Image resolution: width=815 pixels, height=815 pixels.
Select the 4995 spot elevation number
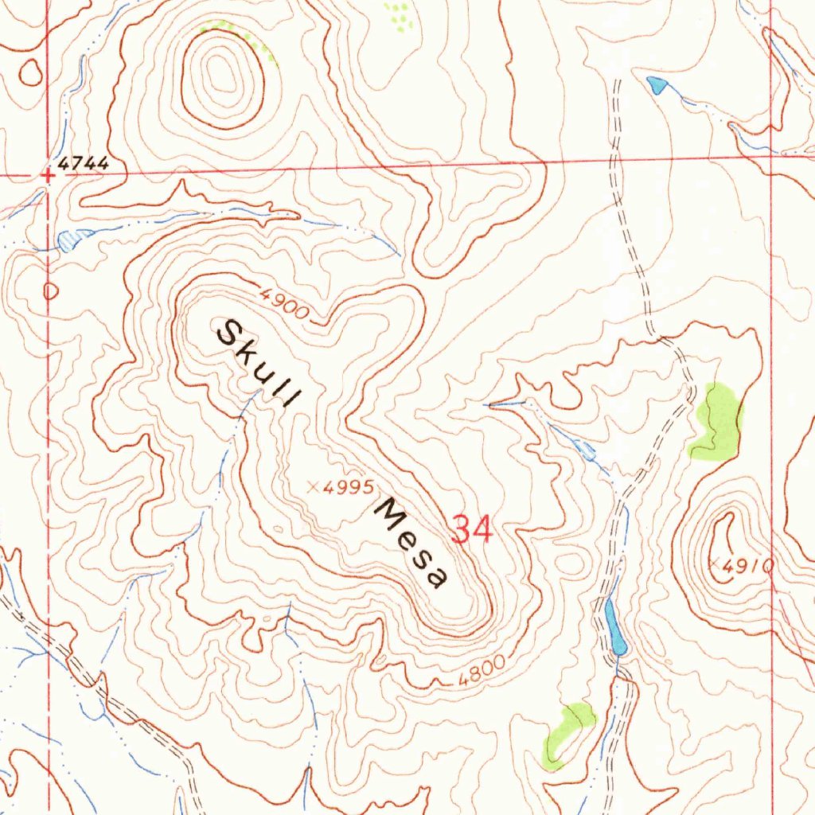(348, 488)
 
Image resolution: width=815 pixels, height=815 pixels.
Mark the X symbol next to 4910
(714, 563)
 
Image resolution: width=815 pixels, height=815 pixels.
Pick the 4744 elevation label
(82, 163)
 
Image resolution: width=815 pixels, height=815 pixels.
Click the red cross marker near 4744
(48, 176)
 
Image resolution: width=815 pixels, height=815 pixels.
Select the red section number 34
(472, 529)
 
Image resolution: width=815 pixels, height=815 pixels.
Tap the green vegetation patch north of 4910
(718, 422)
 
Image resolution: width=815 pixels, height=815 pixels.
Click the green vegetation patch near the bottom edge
(567, 734)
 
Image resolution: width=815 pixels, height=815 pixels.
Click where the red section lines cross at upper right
(772, 155)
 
